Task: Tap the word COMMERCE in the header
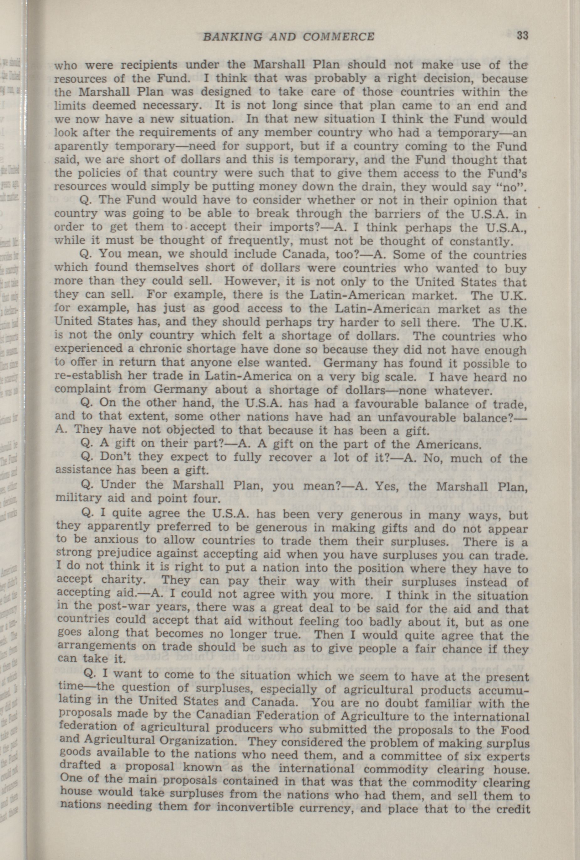click(x=338, y=36)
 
